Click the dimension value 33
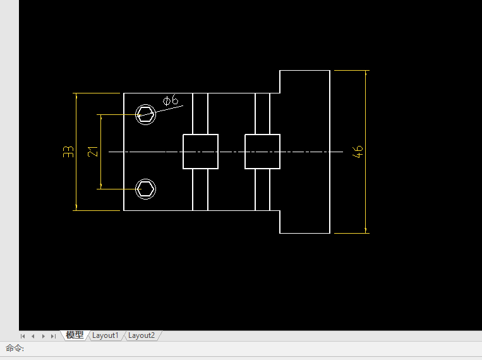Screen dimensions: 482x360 [68, 152]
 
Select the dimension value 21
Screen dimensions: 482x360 [92, 152]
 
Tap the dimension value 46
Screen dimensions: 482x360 [358, 152]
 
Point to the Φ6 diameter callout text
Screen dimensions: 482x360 [171, 100]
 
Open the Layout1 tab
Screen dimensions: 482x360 [105, 335]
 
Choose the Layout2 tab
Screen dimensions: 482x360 [142, 335]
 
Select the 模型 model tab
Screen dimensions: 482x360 [75, 335]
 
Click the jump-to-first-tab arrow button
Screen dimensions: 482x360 [23, 336]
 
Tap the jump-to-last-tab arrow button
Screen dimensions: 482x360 [53, 336]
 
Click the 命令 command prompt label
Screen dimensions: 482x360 [15, 349]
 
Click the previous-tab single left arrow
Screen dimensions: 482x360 [33, 336]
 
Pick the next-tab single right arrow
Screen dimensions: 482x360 [44, 336]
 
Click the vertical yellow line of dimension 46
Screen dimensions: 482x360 [366, 152]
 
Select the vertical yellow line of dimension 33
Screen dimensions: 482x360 [76, 152]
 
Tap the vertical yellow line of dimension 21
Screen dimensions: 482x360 [101, 152]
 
